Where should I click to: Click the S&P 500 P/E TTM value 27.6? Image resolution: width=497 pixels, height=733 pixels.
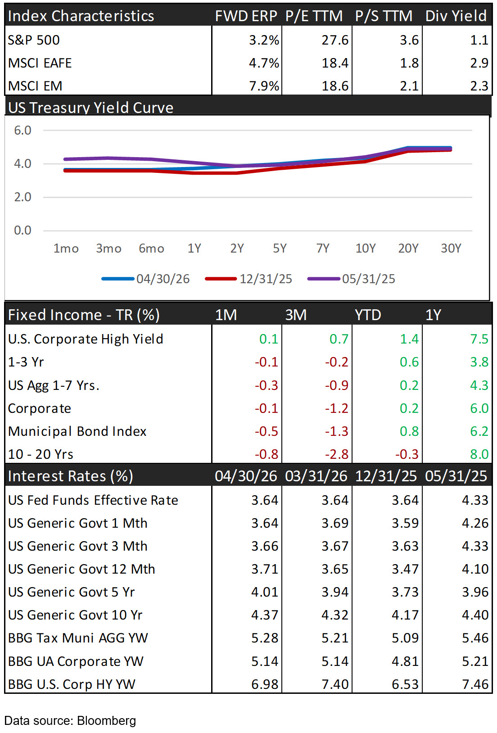pos(335,40)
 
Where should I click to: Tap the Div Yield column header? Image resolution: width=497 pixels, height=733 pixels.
pos(456,16)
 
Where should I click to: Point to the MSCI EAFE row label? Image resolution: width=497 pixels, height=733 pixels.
pos(40,63)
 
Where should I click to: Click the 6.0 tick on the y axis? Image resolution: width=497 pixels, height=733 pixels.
pos(23,130)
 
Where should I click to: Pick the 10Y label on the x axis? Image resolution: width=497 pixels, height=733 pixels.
pos(366,249)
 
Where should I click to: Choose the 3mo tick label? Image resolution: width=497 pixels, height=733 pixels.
pos(108,249)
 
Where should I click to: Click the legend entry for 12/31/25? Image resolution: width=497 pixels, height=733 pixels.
pos(248,279)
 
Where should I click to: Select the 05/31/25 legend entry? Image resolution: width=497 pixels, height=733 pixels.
pos(352,279)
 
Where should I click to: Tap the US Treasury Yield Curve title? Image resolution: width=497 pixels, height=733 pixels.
pos(90,108)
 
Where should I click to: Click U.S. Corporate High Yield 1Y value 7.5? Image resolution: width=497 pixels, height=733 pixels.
pos(479,339)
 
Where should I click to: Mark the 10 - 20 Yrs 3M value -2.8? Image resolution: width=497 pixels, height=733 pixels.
pos(336,454)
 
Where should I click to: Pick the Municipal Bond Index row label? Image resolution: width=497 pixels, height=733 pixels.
pos(77,431)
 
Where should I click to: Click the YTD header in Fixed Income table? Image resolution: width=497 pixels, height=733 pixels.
pos(368,315)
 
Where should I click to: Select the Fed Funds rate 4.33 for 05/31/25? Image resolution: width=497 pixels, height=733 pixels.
pos(475,500)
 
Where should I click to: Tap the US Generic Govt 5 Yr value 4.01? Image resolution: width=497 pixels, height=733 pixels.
pos(265,592)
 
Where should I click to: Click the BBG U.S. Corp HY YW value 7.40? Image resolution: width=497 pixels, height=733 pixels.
pos(335,684)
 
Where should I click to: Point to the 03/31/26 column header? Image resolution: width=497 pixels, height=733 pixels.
pos(316,476)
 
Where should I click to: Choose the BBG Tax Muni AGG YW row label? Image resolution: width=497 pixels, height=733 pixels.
pos(78,638)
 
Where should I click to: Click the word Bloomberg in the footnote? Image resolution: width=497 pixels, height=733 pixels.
pos(106,720)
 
